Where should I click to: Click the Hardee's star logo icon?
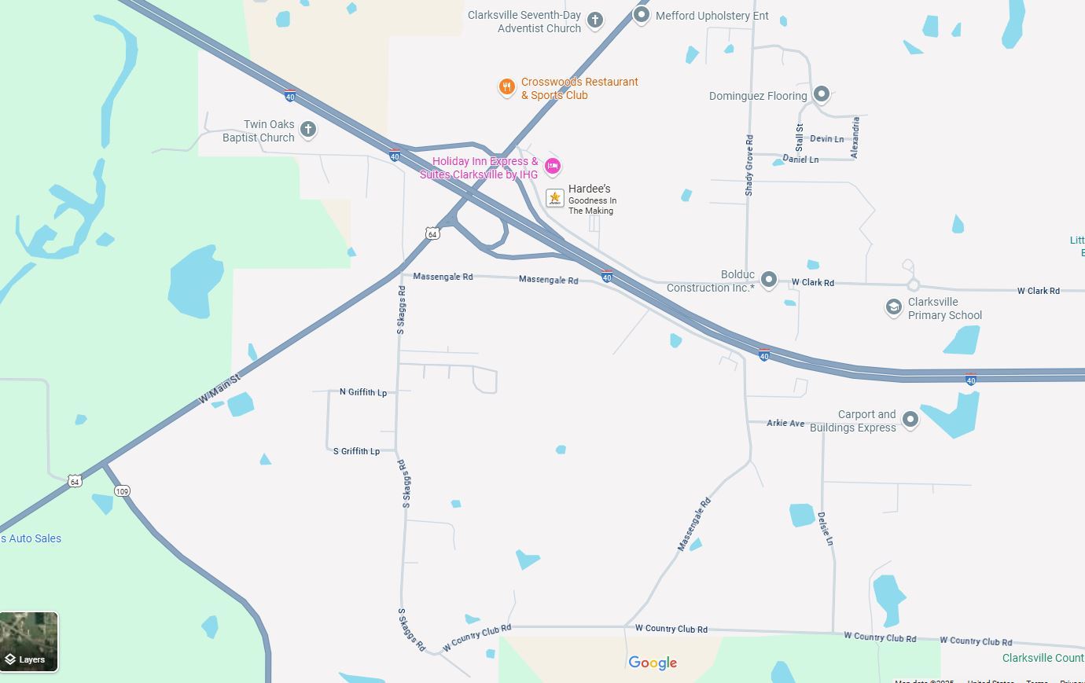click(555, 198)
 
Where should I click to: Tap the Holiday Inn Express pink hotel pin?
click(553, 166)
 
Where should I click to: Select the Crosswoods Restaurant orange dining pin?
click(507, 86)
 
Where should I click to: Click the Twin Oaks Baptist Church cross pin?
click(308, 130)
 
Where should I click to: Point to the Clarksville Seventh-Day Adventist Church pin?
click(595, 20)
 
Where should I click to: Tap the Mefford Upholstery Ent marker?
click(642, 14)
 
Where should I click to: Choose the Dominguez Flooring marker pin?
click(822, 94)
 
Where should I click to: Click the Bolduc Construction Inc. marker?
click(769, 279)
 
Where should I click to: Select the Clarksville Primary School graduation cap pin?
click(893, 307)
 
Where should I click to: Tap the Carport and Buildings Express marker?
click(910, 419)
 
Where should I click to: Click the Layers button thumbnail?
click(29, 641)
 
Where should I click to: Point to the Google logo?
click(653, 663)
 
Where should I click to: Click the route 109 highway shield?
click(122, 491)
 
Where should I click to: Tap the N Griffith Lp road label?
click(363, 391)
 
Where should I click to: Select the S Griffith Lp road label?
click(356, 451)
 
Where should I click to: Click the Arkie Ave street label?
click(785, 423)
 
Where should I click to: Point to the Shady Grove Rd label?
click(749, 165)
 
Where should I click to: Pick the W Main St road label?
click(219, 390)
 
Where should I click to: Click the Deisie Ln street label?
click(825, 528)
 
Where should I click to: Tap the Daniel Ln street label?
click(800, 160)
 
